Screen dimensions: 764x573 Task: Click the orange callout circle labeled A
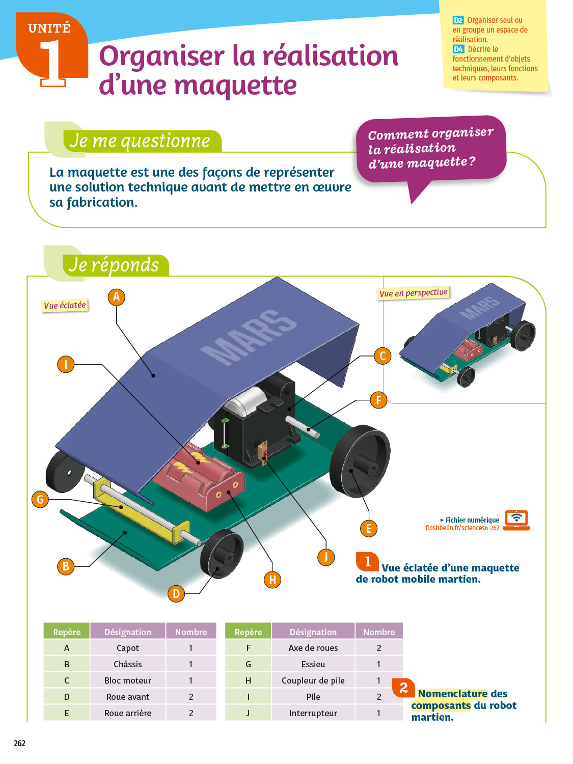116,297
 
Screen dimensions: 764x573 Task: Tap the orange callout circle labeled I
66,364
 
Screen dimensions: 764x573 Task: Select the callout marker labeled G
40,499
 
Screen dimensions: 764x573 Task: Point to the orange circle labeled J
326,557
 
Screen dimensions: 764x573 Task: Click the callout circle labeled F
378,400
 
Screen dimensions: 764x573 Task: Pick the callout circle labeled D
176,593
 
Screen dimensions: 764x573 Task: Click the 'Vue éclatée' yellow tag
65,305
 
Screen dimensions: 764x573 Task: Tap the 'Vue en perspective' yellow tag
413,293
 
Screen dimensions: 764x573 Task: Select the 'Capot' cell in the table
127,648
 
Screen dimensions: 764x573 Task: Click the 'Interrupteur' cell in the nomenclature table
313,713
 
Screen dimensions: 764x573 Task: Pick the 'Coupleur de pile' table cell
313,680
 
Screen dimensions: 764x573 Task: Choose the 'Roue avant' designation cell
127,697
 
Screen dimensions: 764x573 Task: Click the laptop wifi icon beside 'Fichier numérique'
516,520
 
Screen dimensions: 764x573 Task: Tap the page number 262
19,743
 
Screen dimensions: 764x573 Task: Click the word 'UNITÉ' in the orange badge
49,29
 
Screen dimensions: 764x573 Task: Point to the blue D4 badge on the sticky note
458,49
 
